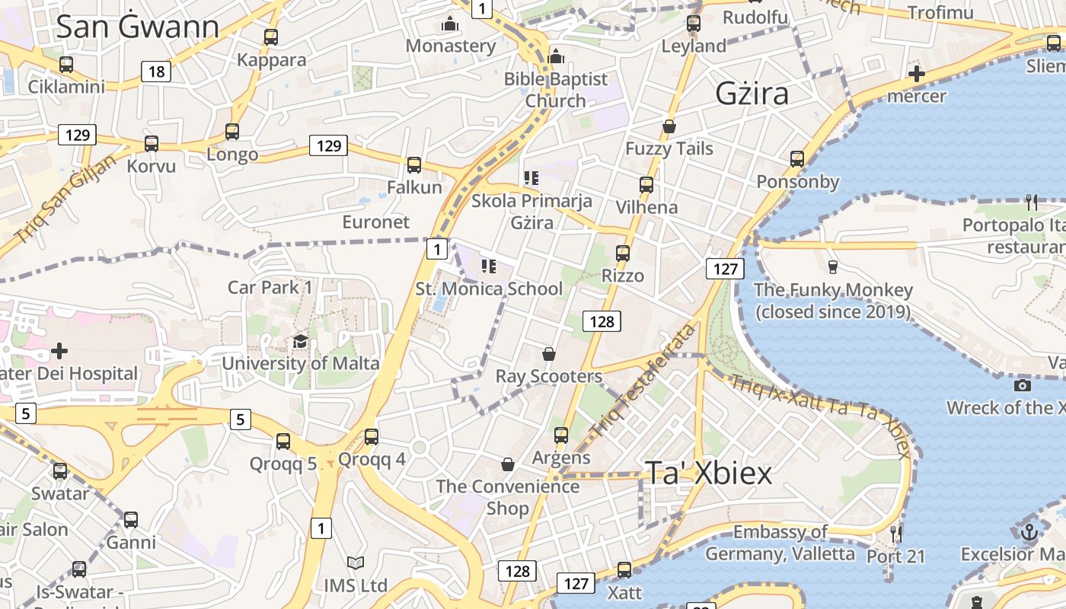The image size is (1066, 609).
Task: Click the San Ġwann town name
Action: coord(138,27)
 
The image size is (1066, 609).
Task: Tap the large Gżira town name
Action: coord(752,94)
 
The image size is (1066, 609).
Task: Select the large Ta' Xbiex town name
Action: coord(709,473)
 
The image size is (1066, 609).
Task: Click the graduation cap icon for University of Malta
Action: coord(300,341)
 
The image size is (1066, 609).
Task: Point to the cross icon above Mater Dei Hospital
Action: coord(59,351)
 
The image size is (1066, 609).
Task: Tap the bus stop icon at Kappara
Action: coord(270,37)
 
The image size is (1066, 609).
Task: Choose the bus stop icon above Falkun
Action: coord(414,164)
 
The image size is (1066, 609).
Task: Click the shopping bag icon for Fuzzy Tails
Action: coord(669,126)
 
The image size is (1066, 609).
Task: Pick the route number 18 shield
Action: coord(156,72)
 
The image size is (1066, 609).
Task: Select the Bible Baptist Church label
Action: coord(556,89)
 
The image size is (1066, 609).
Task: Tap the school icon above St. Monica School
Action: coord(489,266)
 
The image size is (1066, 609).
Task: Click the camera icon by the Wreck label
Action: coord(1023,385)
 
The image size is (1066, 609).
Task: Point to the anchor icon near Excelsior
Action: coord(1029,532)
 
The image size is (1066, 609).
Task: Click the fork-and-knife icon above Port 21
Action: coord(896,534)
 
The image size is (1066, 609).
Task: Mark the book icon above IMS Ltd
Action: coord(356,563)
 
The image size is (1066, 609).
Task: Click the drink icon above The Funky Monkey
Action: coord(832,267)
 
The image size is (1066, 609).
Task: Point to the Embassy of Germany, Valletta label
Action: coord(780,543)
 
